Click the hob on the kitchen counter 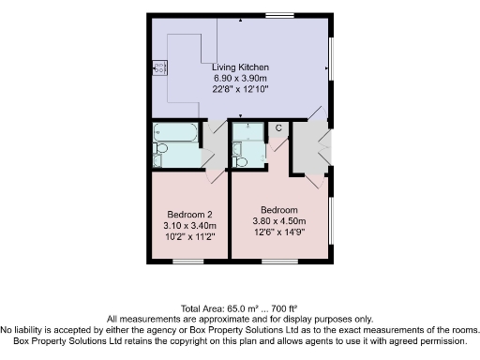tap(160, 67)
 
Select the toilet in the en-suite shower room tap(241, 161)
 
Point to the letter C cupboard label tap(278, 127)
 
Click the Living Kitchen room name tap(241, 67)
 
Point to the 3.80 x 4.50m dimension tap(279, 221)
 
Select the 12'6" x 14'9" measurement tap(279, 232)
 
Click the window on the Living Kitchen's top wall tap(277, 14)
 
